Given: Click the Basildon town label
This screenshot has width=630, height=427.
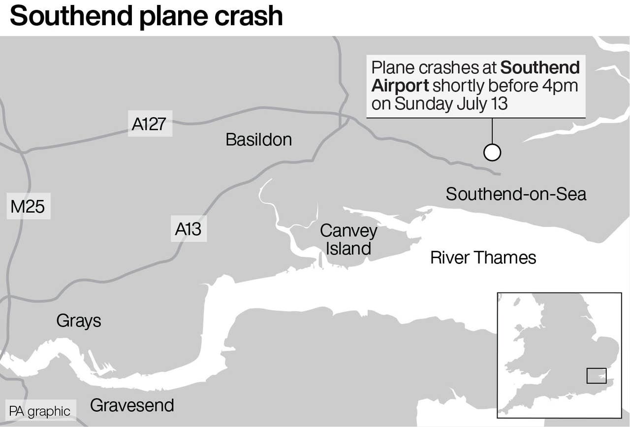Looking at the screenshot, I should [x=258, y=140].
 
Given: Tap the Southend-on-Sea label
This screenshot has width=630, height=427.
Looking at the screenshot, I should [x=516, y=194].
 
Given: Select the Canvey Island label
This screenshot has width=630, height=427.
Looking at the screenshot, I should [x=348, y=239].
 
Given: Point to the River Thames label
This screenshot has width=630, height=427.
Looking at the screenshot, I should [x=483, y=258].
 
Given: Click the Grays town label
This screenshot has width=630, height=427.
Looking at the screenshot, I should [x=79, y=321].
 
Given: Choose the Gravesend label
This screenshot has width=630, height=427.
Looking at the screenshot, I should [x=132, y=405].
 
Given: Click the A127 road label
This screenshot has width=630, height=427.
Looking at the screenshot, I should [x=149, y=124].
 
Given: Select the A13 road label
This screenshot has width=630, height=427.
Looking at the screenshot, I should [x=189, y=229].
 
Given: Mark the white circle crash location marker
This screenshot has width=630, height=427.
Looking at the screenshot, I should [x=492, y=153].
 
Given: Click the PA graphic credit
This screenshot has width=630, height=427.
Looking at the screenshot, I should [x=40, y=411].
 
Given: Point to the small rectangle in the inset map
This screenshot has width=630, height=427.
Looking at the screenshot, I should [x=596, y=376].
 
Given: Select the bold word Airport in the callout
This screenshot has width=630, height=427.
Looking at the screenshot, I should [x=400, y=86].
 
